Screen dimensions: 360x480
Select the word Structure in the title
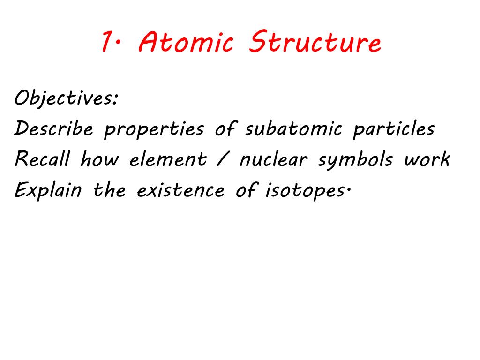(x=315, y=44)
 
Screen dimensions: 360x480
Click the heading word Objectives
(x=66, y=99)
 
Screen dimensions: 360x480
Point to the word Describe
(x=53, y=129)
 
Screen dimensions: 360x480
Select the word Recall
(x=42, y=160)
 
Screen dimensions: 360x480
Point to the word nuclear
(x=274, y=160)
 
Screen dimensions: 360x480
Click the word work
(x=427, y=160)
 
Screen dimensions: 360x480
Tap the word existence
(x=180, y=190)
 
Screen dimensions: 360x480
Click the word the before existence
(x=109, y=190)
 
